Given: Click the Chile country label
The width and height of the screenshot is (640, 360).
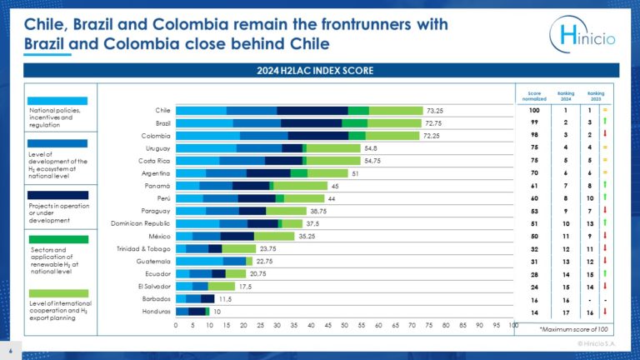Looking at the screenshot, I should (x=163, y=110).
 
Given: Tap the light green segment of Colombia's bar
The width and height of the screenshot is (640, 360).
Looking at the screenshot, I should (x=393, y=135).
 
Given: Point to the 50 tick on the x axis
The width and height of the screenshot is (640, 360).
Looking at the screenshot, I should (x=344, y=325).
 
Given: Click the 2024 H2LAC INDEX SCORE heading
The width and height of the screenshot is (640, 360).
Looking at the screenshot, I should (x=320, y=71).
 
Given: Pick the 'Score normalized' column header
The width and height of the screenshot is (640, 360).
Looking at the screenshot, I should (x=535, y=94).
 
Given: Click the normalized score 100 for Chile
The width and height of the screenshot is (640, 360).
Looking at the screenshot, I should (x=535, y=110).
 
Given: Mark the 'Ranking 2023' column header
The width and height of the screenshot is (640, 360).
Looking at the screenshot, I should (x=595, y=94).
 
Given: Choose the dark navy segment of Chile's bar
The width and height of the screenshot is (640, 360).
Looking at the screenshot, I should (x=312, y=110).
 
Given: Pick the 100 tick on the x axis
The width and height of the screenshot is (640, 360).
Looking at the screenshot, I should (x=512, y=325).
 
